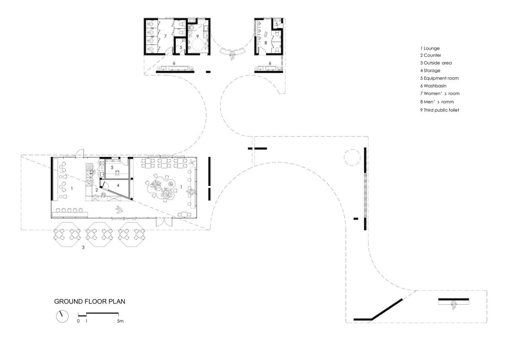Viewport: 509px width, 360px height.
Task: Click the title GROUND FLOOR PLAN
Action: coord(89,302)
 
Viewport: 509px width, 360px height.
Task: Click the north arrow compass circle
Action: coord(62,317)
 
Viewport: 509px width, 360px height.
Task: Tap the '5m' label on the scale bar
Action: coord(120,321)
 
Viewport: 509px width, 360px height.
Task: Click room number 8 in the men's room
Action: coord(265,42)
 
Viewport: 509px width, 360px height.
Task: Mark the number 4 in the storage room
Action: coord(118,185)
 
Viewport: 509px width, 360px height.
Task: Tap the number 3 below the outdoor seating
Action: coord(83,247)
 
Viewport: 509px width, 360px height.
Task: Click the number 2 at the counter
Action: coord(96,190)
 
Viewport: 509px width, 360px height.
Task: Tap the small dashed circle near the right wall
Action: coord(352,157)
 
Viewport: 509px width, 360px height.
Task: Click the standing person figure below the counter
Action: coord(119,210)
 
